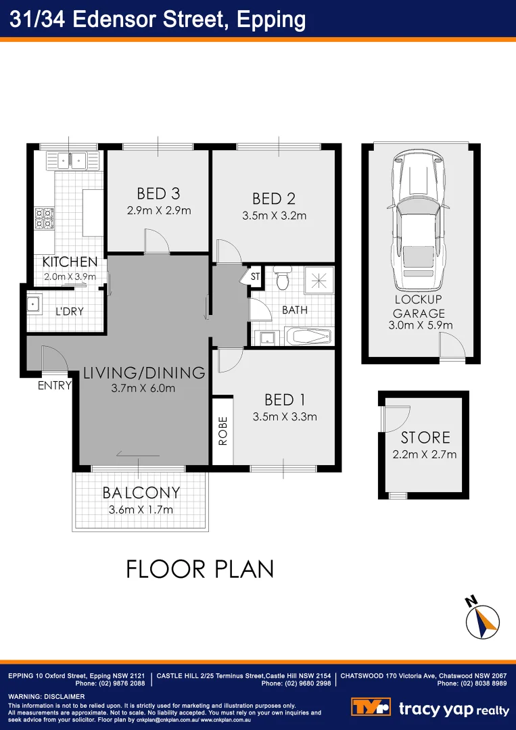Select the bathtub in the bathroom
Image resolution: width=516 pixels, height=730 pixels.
(x=308, y=336)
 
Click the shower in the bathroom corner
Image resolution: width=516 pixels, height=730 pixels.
(x=318, y=280)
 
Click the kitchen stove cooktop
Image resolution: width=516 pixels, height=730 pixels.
(x=44, y=218)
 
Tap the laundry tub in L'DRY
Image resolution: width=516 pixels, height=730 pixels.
(x=34, y=304)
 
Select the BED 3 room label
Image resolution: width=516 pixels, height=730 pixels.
(x=158, y=194)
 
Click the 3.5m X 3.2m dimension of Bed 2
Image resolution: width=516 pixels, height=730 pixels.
(x=274, y=216)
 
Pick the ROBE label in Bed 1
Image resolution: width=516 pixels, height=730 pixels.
(x=222, y=431)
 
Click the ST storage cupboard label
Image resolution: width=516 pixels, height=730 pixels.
(x=255, y=276)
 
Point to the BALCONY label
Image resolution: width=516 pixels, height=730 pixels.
(x=141, y=492)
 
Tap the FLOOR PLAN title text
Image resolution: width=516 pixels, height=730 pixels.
(x=200, y=568)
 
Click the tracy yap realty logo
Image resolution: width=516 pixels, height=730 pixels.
(x=430, y=708)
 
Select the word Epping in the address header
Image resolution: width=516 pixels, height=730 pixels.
(x=271, y=19)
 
